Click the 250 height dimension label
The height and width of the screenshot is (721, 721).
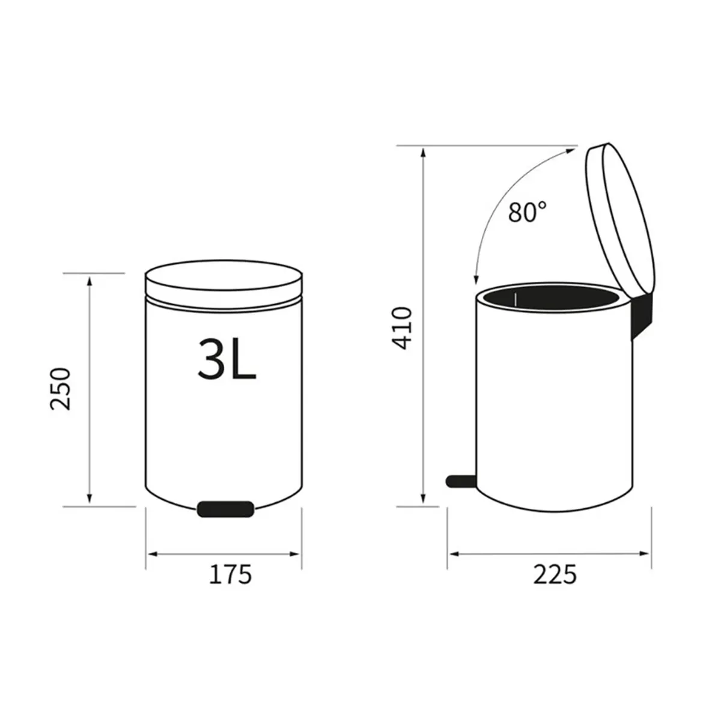click(x=61, y=388)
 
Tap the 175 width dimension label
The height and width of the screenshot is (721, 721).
click(x=230, y=574)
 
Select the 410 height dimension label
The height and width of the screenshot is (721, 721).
click(x=401, y=328)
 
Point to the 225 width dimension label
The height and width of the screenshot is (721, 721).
click(x=554, y=574)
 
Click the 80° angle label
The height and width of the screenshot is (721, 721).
click(x=528, y=213)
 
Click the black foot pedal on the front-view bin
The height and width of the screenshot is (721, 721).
click(x=225, y=508)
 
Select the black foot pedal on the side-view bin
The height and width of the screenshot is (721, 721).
click(x=460, y=479)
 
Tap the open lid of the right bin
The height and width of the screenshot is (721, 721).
click(x=619, y=216)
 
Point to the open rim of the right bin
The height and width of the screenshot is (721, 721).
click(x=553, y=299)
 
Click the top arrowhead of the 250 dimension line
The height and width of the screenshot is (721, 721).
click(x=90, y=279)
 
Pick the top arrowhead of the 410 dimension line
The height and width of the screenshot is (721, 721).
click(x=424, y=151)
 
